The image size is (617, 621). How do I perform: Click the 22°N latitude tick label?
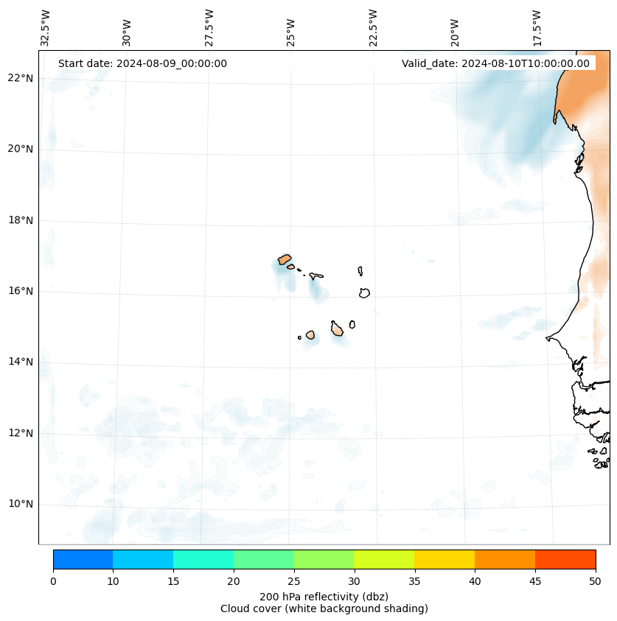21,78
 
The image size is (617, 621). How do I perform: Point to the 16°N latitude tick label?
21,291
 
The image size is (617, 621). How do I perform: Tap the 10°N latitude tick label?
21,504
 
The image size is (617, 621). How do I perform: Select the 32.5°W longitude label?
46,28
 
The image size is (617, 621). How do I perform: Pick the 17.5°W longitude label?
537,28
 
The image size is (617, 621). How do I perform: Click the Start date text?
142,63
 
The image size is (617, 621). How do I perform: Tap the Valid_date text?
495,63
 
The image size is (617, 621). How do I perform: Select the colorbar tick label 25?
293,582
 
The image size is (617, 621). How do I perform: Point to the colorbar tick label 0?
53,582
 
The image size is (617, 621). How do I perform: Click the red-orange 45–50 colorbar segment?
565,559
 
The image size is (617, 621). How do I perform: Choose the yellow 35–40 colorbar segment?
445,559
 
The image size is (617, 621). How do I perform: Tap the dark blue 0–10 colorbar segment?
83,559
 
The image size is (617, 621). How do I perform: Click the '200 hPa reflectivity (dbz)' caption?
324,596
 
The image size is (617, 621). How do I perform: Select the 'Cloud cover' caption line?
324,608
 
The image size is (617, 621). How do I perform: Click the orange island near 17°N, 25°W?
285,259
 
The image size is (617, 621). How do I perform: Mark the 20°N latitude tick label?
21,149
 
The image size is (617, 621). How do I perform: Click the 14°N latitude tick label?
21,362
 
